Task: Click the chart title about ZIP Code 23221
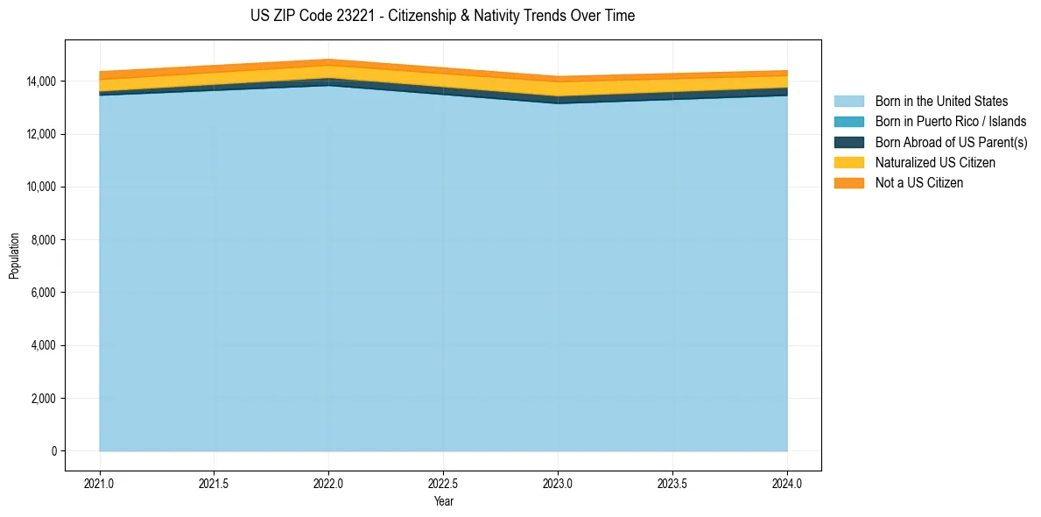click(x=442, y=16)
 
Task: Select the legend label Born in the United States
click(x=941, y=102)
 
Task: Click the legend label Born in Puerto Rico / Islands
click(x=950, y=122)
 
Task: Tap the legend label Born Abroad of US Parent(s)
click(x=951, y=142)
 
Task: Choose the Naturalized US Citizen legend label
click(x=935, y=163)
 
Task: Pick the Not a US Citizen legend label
click(x=918, y=183)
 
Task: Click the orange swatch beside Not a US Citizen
click(x=848, y=183)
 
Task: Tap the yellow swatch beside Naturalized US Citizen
click(x=848, y=163)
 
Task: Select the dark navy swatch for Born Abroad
click(x=848, y=142)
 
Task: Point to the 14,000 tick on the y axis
click(x=41, y=81)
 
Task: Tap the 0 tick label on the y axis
click(x=53, y=451)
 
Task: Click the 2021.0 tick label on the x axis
click(x=100, y=483)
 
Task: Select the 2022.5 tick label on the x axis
click(x=443, y=483)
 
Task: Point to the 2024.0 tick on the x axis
click(x=787, y=483)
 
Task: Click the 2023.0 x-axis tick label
click(x=558, y=483)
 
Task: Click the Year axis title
click(x=443, y=501)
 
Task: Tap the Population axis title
click(x=14, y=256)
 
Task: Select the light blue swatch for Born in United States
click(x=848, y=102)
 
